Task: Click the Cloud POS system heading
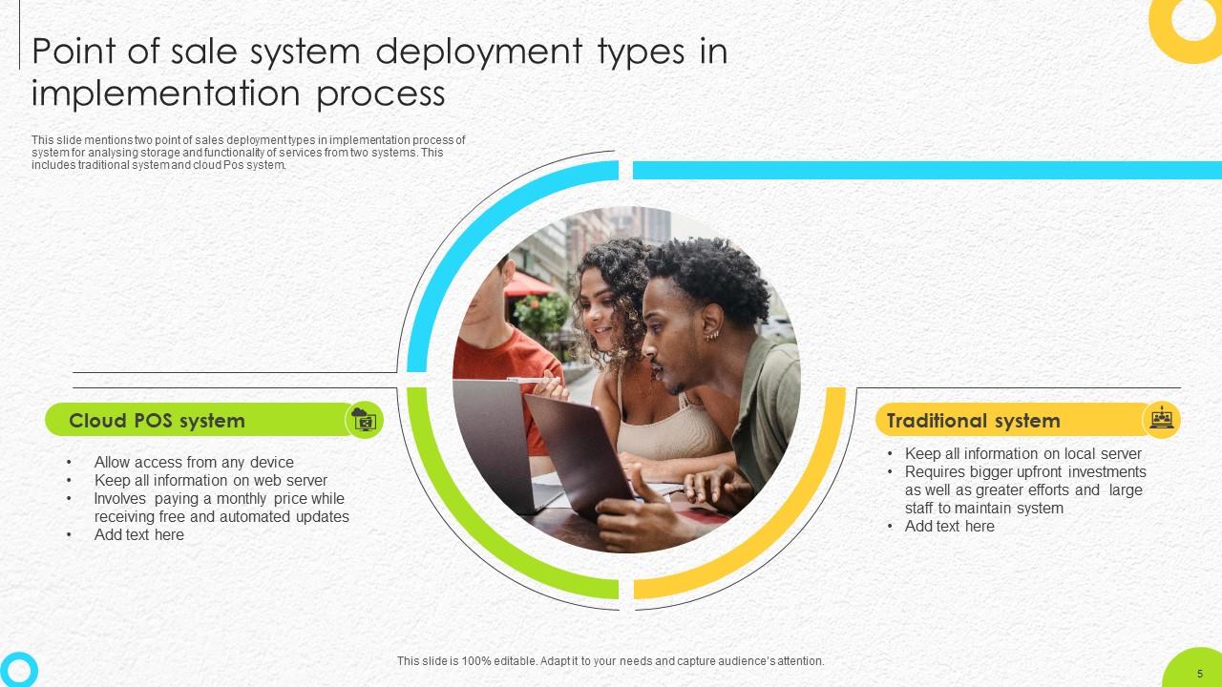(x=157, y=421)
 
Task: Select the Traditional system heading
(x=973, y=421)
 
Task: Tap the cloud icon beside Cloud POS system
(x=364, y=420)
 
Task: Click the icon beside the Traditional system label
(x=1161, y=420)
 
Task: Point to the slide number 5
(x=1199, y=674)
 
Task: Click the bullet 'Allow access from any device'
(x=194, y=462)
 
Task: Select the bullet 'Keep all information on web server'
(x=210, y=480)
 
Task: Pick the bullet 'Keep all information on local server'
(x=1022, y=453)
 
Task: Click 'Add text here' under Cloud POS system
(x=139, y=534)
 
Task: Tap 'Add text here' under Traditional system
(x=949, y=526)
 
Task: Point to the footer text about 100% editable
(x=610, y=660)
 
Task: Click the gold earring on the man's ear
(x=711, y=336)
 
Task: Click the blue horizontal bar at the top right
(x=926, y=170)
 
